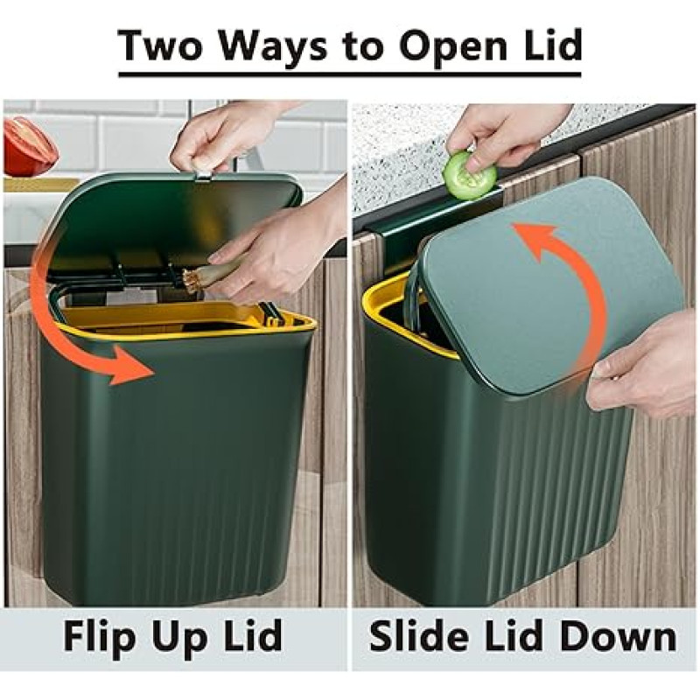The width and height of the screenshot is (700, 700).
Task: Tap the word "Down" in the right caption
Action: click(619, 636)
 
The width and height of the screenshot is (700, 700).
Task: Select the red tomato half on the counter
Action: click(30, 147)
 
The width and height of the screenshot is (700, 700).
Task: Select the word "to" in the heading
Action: click(363, 47)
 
